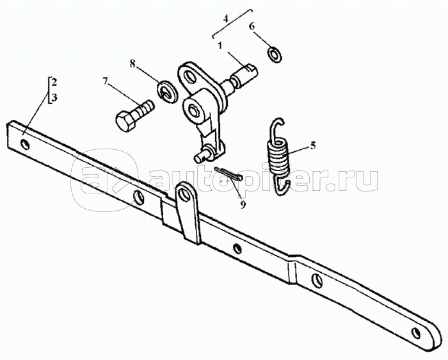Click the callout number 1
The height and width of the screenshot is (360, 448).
[220, 46]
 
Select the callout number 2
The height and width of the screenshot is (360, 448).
[54, 83]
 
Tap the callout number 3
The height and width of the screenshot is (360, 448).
[54, 98]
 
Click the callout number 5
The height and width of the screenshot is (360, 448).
[312, 145]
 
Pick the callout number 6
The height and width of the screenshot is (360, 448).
[252, 27]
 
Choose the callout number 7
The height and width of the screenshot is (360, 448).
[105, 81]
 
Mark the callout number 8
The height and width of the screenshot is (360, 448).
[133, 63]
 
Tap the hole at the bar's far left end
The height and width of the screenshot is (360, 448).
[24, 144]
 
